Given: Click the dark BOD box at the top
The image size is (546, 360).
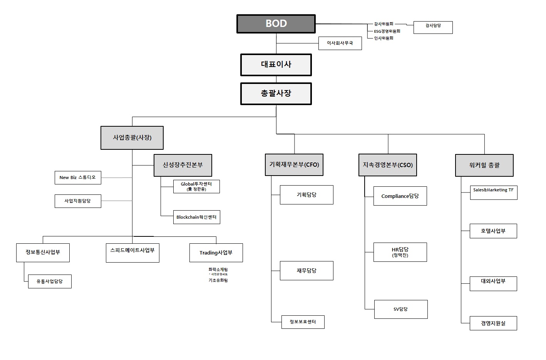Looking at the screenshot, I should click(276, 24).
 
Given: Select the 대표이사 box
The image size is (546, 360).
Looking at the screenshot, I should click(276, 65).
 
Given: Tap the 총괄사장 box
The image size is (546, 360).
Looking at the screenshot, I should click(276, 94).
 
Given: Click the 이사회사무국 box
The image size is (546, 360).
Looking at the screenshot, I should click(340, 44).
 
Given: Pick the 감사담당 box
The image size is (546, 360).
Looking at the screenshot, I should click(433, 27).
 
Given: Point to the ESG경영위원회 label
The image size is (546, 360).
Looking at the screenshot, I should click(387, 31).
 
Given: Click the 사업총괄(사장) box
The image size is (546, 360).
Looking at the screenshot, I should click(132, 138).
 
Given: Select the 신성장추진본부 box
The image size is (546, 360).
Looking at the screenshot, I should click(183, 165).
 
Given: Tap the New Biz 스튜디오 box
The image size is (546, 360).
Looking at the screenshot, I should click(78, 178).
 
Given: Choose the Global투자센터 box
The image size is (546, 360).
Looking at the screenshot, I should click(196, 186).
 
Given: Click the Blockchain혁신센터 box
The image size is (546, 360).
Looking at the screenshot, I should click(196, 217).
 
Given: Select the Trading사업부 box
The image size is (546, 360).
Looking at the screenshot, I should click(216, 253).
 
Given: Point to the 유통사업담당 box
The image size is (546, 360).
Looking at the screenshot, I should click(50, 281).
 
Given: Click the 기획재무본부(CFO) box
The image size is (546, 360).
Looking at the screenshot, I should click(294, 165).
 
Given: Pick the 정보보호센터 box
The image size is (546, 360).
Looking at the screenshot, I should click(303, 322).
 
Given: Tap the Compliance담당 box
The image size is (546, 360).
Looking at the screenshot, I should click(400, 196).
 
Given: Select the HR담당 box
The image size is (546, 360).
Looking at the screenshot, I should click(400, 252).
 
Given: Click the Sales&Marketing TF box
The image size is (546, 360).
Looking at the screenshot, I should click(493, 193).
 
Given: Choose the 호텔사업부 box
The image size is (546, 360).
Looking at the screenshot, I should click(493, 231).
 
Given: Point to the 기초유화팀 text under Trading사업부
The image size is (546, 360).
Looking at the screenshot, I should click(218, 281).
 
